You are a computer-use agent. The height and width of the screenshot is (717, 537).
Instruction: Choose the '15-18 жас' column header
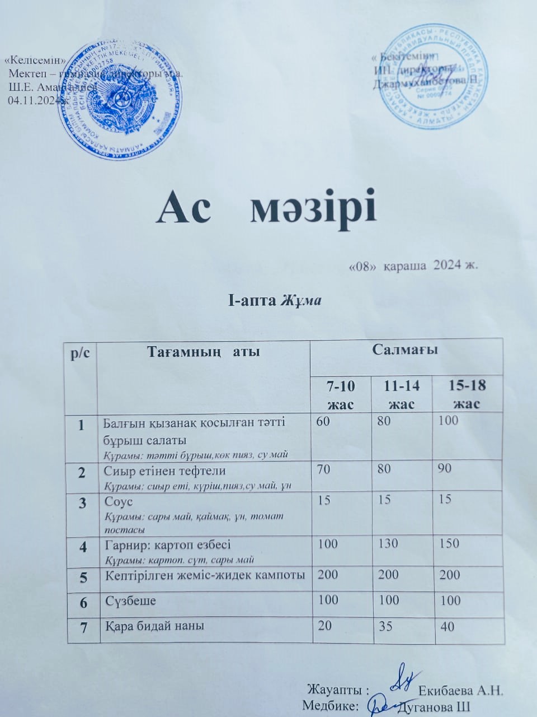(468, 394)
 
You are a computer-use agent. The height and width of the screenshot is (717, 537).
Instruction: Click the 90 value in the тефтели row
(445, 468)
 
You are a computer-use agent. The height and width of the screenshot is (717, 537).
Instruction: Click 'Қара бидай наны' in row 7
(154, 626)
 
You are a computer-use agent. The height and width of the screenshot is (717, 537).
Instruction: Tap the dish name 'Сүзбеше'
(131, 600)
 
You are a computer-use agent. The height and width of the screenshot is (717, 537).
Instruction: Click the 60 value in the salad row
(323, 421)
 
